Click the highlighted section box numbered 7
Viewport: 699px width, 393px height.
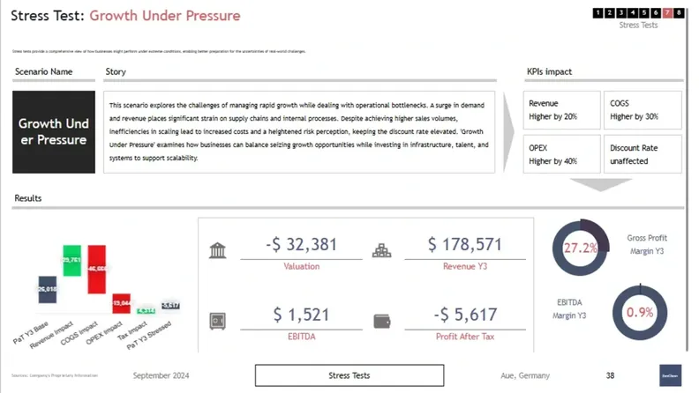coord(667,12)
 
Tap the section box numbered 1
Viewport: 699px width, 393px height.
coord(598,12)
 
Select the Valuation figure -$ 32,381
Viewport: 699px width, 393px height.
coord(301,245)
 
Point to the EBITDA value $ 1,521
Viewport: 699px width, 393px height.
coord(301,315)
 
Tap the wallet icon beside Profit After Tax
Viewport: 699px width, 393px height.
coord(383,321)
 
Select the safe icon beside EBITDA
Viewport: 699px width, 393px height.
coord(218,321)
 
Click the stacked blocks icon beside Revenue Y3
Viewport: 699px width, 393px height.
coord(382,251)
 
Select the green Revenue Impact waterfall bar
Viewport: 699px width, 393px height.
coord(71,261)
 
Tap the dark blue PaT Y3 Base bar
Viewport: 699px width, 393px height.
coord(48,289)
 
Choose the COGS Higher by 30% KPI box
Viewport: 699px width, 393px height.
coord(642,109)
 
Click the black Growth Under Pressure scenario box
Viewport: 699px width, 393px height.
coord(54,131)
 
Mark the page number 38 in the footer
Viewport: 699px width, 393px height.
coord(610,375)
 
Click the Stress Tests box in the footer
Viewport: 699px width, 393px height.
coord(349,375)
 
